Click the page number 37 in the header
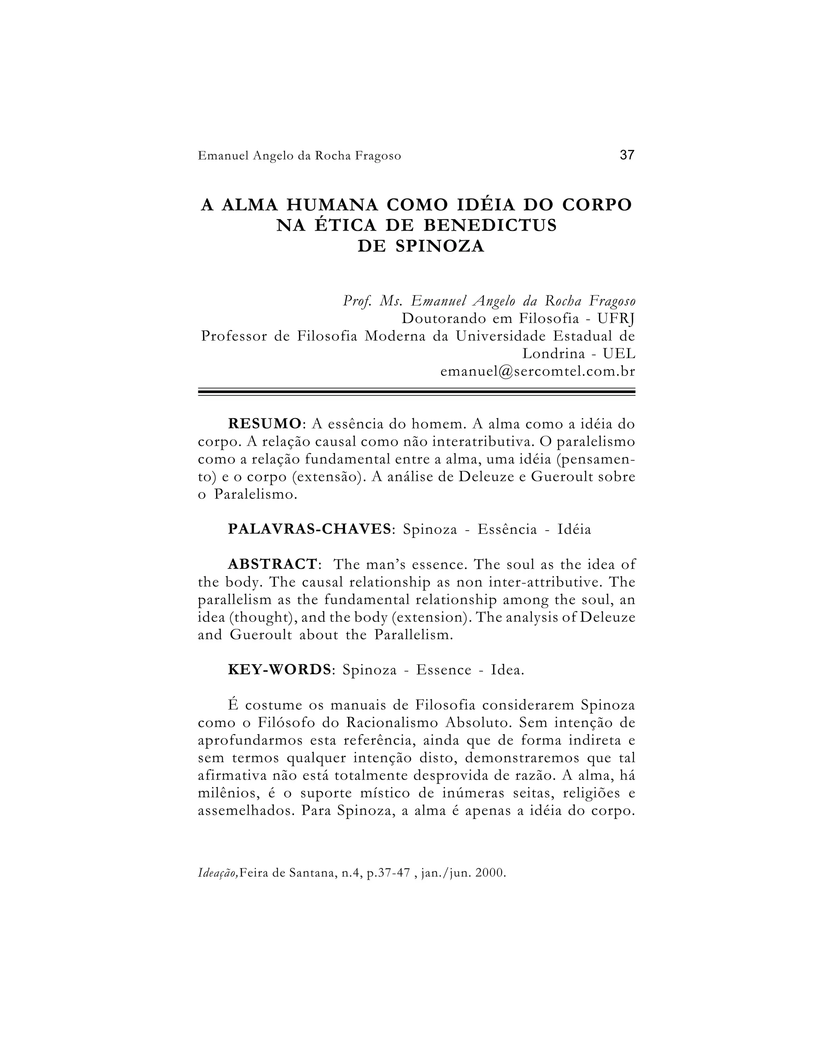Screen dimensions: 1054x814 pos(627,155)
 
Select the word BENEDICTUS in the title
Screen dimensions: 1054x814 pos(490,226)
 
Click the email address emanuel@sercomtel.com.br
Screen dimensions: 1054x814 pos(538,371)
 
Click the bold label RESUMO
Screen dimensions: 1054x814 pos(265,424)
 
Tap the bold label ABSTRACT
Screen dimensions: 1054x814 pos(272,564)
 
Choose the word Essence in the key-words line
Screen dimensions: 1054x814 pos(444,670)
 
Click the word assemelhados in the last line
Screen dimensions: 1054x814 pos(246,811)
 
